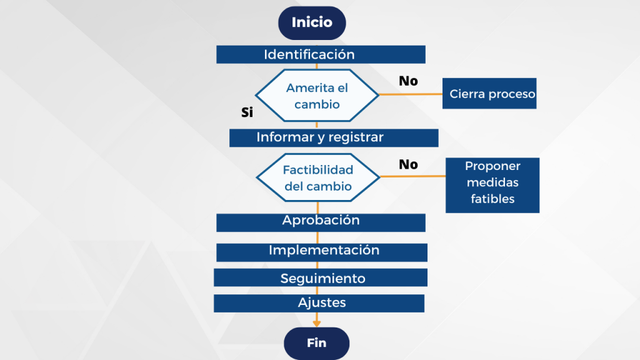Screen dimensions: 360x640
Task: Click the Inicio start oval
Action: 312,23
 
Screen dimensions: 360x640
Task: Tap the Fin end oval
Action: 317,343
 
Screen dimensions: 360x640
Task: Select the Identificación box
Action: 321,54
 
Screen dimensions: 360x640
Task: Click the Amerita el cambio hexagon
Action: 317,96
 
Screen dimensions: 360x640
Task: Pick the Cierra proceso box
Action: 489,94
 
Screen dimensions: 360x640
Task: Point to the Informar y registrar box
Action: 334,137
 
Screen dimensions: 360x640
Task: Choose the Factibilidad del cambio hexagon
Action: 318,177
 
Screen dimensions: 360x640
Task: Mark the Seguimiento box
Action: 321,277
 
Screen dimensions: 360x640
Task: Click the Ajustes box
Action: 319,303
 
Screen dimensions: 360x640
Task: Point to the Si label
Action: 247,112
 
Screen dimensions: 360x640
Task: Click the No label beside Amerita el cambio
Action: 408,81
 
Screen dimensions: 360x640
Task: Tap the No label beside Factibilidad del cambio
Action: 408,164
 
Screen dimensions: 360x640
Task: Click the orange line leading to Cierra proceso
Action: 411,94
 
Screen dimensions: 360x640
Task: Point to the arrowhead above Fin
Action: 317,322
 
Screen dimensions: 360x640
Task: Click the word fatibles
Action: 492,199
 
